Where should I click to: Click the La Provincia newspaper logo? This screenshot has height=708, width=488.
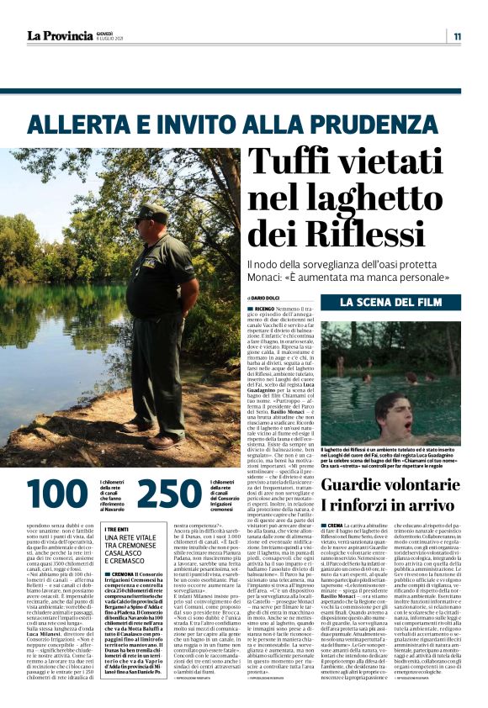59,35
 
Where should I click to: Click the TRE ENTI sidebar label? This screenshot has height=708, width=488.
116,529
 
